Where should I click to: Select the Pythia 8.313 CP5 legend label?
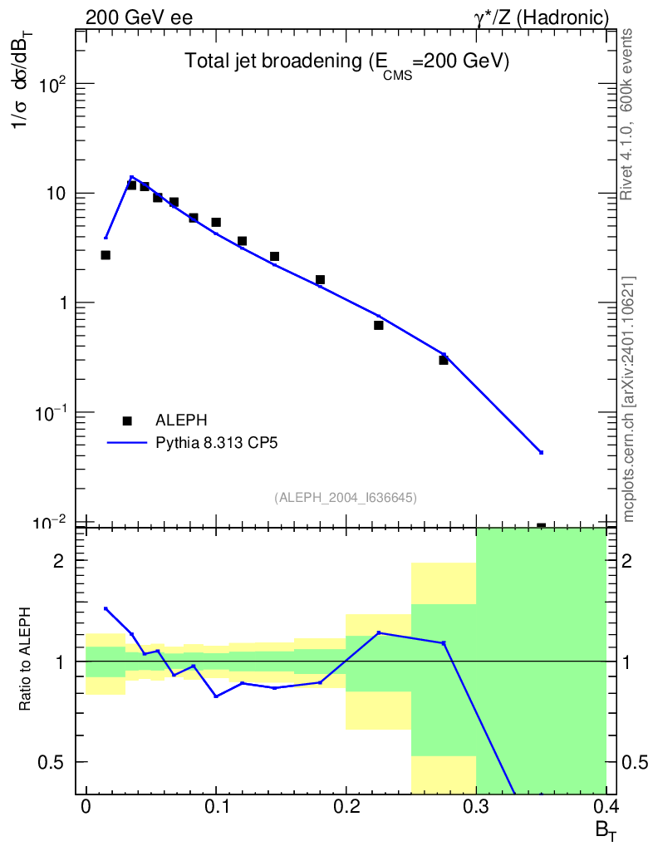[216, 443]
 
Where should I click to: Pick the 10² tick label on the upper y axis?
[51, 85]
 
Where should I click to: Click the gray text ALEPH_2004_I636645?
[346, 497]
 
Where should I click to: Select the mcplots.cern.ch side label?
[629, 399]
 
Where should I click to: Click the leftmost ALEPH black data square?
[106, 255]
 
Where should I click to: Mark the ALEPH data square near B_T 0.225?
[379, 325]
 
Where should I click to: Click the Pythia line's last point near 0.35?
[541, 452]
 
